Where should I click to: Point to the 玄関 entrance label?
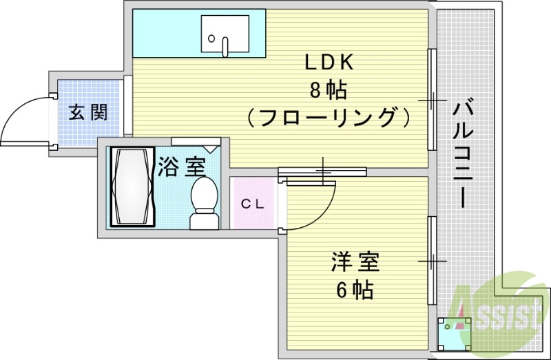click(88, 112)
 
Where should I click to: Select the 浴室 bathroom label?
click(181, 167)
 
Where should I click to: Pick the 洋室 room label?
click(355, 264)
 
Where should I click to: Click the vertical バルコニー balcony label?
click(463, 155)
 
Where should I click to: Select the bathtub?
click(130, 187)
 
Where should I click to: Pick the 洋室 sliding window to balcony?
click(431, 261)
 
